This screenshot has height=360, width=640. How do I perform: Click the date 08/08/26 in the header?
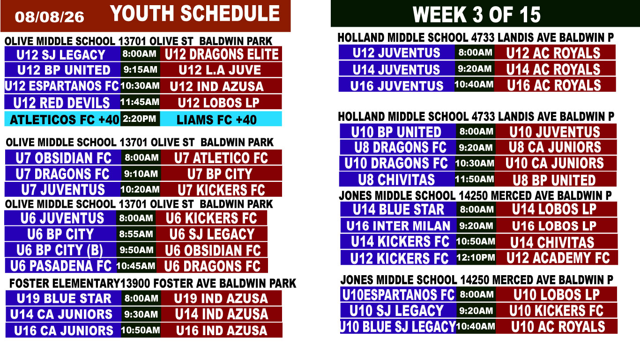point(49,17)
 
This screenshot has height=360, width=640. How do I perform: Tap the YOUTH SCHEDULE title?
point(194,14)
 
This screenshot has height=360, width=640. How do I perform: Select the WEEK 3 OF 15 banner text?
point(476,15)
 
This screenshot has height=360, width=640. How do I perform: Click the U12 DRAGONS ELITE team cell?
point(221,54)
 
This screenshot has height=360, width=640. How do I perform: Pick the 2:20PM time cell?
point(140,119)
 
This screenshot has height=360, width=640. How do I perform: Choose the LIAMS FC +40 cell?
point(221,119)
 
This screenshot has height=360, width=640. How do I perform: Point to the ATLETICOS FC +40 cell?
point(63,119)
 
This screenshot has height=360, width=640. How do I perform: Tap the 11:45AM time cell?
point(140,102)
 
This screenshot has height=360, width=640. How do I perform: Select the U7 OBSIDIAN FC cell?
point(63,157)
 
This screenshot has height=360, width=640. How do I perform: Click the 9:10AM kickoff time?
point(141,173)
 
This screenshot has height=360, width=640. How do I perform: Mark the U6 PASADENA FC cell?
point(61,266)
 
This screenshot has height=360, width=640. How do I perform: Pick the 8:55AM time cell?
point(136,234)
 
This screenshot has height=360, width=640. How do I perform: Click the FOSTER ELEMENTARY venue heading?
point(153,284)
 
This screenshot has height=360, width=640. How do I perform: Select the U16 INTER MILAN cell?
point(398,225)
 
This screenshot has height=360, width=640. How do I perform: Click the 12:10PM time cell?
point(476,258)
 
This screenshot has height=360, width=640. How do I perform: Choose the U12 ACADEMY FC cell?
point(557,258)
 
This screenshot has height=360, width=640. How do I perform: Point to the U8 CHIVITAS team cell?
point(397,179)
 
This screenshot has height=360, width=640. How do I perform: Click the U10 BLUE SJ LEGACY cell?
point(398,327)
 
